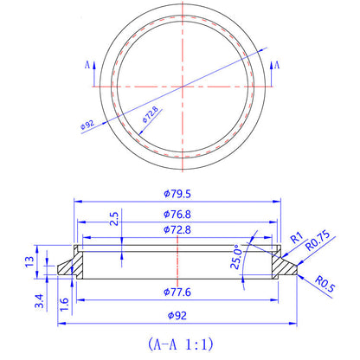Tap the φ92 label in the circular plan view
pyautogui.click(x=87, y=125)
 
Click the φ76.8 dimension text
pyautogui.click(x=179, y=213)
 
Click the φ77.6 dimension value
pyautogui.click(x=179, y=292)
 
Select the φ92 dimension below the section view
pyautogui.click(x=179, y=315)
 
